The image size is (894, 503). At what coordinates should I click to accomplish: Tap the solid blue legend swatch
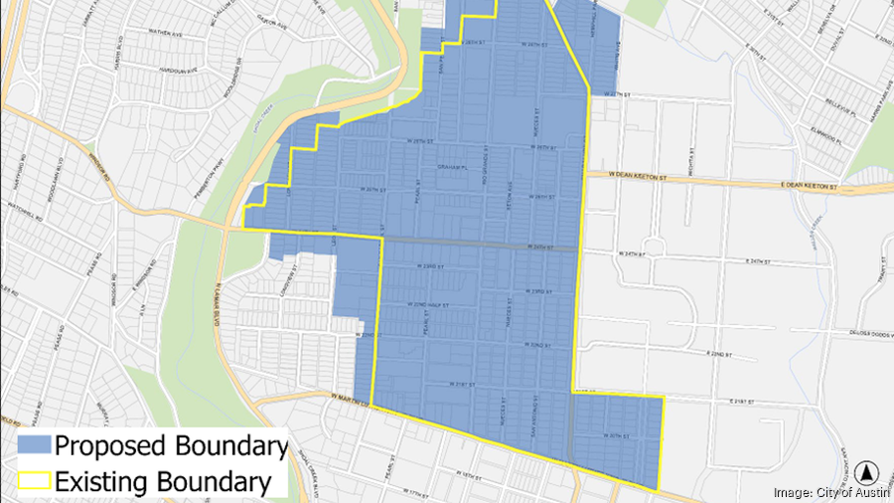coord(33,445)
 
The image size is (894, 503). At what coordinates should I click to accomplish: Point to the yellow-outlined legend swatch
coord(33,482)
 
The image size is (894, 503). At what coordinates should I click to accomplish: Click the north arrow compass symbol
coord(865,473)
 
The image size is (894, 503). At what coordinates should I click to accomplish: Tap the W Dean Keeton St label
coord(636,174)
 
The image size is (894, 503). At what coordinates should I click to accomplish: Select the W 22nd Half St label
coord(429,303)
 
